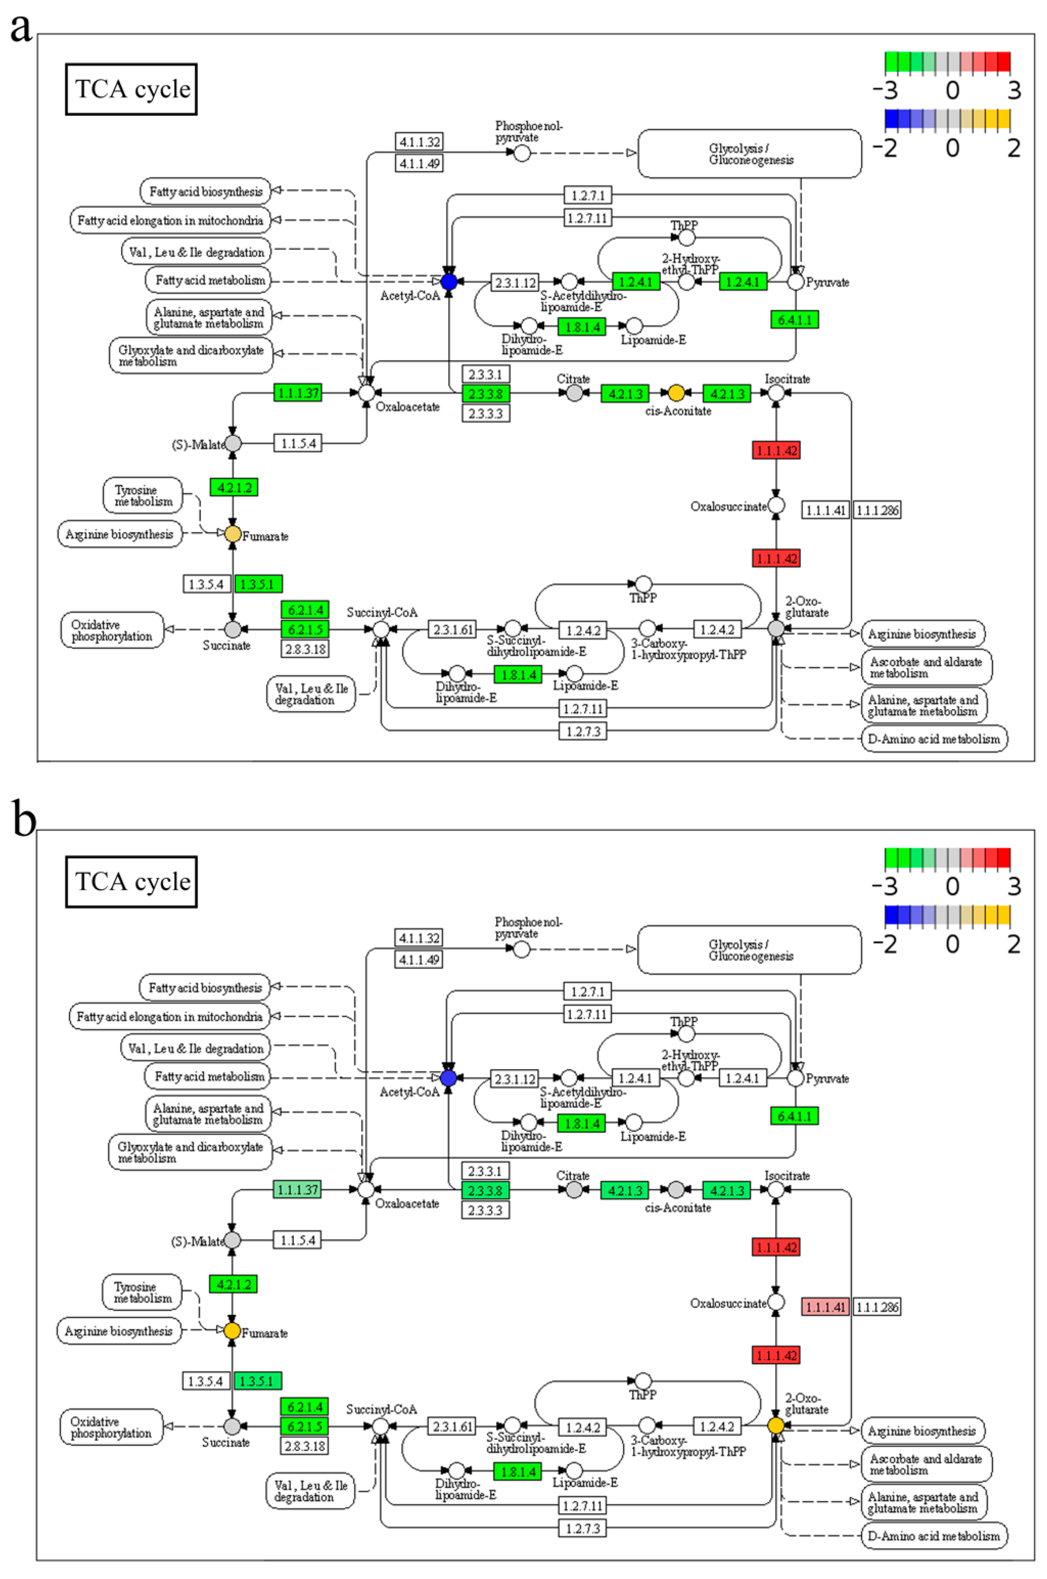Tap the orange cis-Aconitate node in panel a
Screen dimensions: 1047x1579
pos(676,393)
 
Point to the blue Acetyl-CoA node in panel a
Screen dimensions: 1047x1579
pos(449,282)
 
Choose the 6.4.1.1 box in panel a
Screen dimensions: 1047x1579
pos(794,320)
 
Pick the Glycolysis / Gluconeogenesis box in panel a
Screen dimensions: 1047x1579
pos(750,154)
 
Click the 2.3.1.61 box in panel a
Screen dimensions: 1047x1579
pos(453,629)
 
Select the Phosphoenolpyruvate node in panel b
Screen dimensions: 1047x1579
pos(521,949)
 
